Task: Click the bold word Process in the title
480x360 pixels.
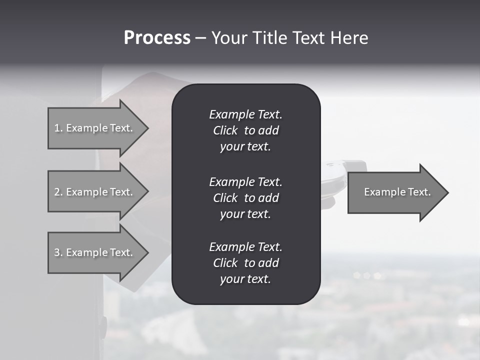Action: [157, 38]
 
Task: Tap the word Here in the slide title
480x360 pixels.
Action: [348, 38]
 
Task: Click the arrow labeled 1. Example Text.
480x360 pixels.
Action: [95, 128]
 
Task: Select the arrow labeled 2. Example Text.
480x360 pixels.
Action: [95, 192]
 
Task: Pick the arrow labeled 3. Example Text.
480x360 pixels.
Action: [95, 252]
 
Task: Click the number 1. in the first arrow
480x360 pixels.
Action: [58, 128]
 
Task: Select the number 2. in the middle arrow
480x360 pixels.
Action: [58, 192]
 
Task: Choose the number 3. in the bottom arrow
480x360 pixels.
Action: [58, 252]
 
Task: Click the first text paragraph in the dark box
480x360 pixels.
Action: [245, 130]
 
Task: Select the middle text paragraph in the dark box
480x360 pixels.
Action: [245, 197]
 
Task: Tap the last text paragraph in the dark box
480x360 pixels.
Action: [245, 263]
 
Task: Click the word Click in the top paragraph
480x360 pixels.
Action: [225, 130]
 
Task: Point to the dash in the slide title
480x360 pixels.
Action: [200, 38]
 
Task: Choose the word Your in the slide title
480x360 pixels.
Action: [228, 38]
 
